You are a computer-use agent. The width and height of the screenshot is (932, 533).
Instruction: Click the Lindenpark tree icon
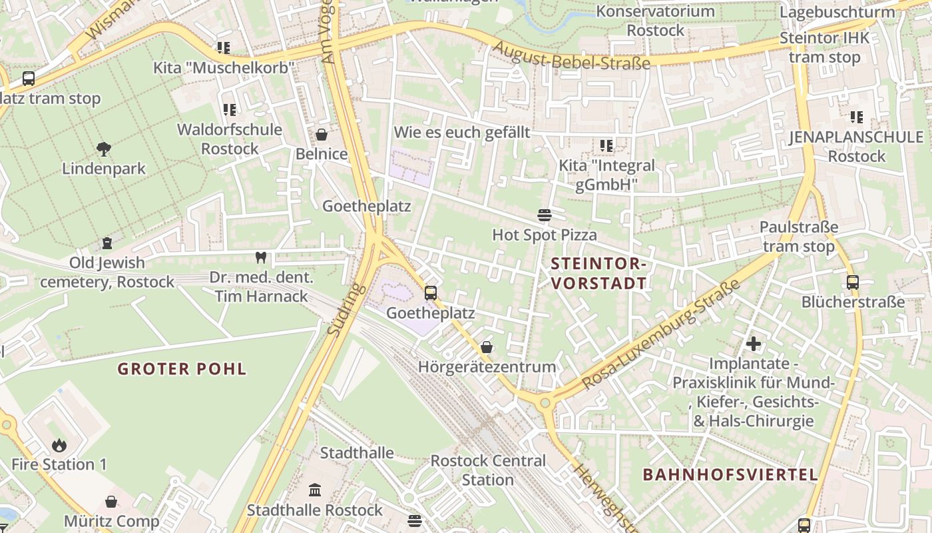pos(103,149)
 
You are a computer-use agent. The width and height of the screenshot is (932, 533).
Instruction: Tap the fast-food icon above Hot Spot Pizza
pos(544,215)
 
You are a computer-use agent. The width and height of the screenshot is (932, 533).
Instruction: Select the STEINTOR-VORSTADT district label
pos(598,273)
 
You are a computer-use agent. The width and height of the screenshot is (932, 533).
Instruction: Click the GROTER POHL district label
pos(182,368)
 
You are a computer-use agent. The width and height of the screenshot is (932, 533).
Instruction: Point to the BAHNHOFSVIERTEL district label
pos(730,474)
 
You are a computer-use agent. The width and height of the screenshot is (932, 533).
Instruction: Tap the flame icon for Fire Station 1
pos(59,445)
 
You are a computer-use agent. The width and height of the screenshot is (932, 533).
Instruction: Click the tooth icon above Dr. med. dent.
pos(260,257)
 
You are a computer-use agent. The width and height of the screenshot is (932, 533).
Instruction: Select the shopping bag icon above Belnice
pos(322,135)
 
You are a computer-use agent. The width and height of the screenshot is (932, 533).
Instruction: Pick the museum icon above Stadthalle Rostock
pos(315,490)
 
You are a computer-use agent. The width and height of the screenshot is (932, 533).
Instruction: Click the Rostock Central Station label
pos(488,470)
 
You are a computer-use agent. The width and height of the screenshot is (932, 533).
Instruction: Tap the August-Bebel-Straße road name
pos(572,55)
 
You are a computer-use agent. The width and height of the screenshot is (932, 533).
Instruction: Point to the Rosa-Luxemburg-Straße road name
pos(660,334)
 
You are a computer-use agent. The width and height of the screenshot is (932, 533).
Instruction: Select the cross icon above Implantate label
pos(753,344)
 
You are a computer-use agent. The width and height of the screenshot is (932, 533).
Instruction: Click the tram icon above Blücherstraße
pos(853,282)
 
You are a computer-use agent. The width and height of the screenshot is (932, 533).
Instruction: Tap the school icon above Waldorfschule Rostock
pos(230,109)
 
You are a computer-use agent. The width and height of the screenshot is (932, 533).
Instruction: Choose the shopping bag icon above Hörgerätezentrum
pos(487,347)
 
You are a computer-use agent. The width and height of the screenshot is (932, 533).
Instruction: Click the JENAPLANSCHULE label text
pos(857,137)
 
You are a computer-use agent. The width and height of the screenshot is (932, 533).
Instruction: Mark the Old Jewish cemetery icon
pos(107,243)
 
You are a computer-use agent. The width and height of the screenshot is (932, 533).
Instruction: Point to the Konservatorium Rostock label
pos(655,21)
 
